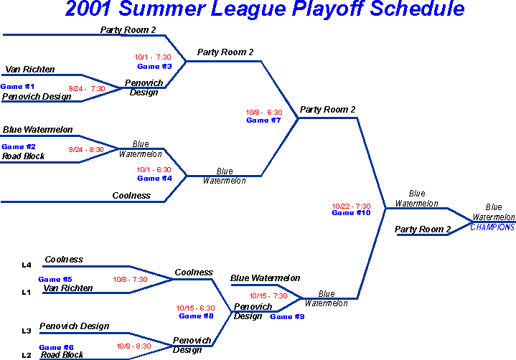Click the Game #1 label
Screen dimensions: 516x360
tap(17, 87)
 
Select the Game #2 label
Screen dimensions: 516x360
tap(19, 146)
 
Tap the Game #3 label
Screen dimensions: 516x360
tap(154, 67)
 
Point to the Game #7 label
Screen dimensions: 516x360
tap(263, 120)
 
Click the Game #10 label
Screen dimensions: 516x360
tap(351, 213)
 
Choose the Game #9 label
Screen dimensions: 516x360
tap(287, 316)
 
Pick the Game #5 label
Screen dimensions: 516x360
tap(55, 280)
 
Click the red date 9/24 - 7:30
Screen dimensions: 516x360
tap(87, 88)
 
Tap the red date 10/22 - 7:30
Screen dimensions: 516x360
tap(351, 206)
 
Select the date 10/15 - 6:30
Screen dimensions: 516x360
tap(195, 308)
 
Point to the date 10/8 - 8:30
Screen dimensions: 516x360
tap(133, 346)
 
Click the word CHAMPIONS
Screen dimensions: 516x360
tap(492, 227)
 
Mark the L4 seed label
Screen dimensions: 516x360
tap(27, 265)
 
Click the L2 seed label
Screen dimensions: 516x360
tap(27, 355)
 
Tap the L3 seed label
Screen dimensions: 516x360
tap(27, 331)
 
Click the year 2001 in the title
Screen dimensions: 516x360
tap(88, 8)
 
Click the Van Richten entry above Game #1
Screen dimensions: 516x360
tap(30, 70)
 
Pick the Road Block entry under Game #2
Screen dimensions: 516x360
tap(23, 156)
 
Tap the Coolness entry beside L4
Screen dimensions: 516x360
tap(64, 260)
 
